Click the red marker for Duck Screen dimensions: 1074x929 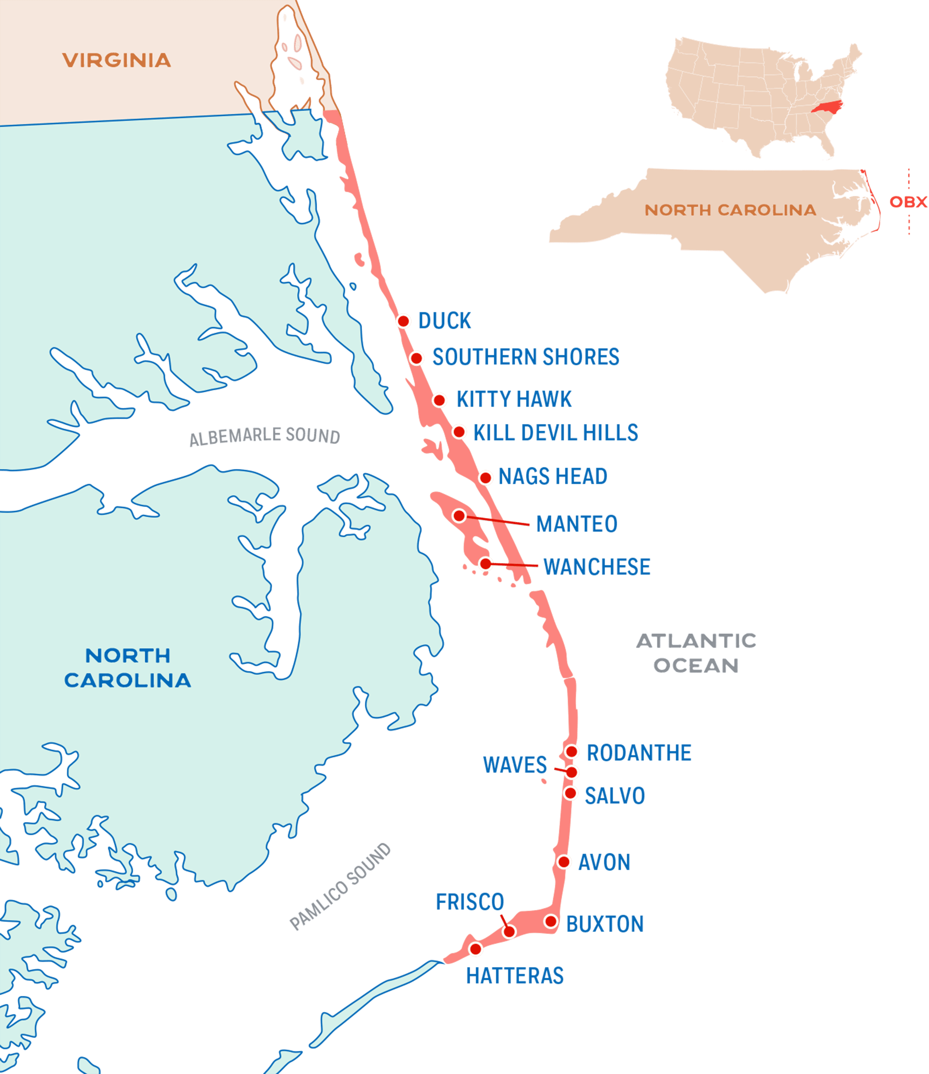click(x=403, y=321)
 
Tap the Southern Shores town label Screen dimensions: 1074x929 click(x=526, y=357)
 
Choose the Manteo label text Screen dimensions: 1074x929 click(x=577, y=524)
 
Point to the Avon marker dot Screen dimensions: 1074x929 click(x=564, y=862)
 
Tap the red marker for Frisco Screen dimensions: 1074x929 click(x=509, y=931)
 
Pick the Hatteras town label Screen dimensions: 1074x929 click(x=515, y=976)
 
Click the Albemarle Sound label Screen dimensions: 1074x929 click(x=264, y=436)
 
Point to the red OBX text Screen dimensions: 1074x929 click(x=908, y=202)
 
